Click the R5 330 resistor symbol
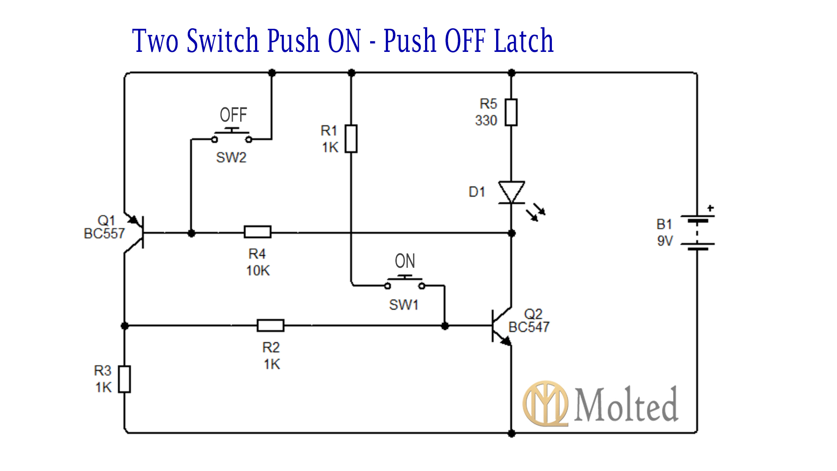511,113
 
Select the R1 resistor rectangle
351,139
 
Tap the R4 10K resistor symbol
257,232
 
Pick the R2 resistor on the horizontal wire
270,325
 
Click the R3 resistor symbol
125,379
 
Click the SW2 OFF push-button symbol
231,135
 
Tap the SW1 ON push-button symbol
405,282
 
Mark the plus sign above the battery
711,208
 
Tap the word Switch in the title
223,41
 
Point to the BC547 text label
529,327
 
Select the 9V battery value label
665,241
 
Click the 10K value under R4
258,271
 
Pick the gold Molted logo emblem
545,403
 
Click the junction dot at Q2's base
445,326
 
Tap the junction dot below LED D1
512,233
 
